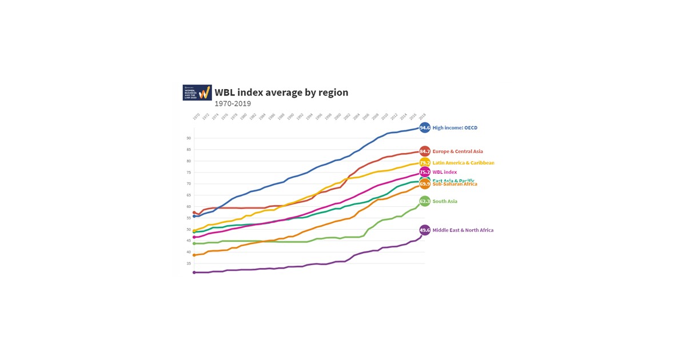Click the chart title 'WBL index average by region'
coord(281,93)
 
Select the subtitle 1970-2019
coord(233,104)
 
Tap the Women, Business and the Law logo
coord(197,93)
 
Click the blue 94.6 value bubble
coord(425,128)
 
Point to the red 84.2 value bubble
coord(425,151)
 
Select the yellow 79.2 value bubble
coord(425,163)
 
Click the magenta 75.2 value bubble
coord(425,172)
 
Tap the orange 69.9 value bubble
coord(425,185)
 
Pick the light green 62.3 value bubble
coord(425,201)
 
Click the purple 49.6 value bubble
coord(425,230)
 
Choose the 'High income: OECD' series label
coord(455,128)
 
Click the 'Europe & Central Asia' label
coord(458,151)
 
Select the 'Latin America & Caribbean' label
coord(463,163)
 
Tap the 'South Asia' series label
coord(445,201)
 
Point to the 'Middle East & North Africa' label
coord(463,230)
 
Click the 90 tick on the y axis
coord(188,138)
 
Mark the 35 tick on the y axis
coord(188,263)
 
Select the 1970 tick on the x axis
coord(196,117)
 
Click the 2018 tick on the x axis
coord(422,117)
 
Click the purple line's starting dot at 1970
coord(194,273)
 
